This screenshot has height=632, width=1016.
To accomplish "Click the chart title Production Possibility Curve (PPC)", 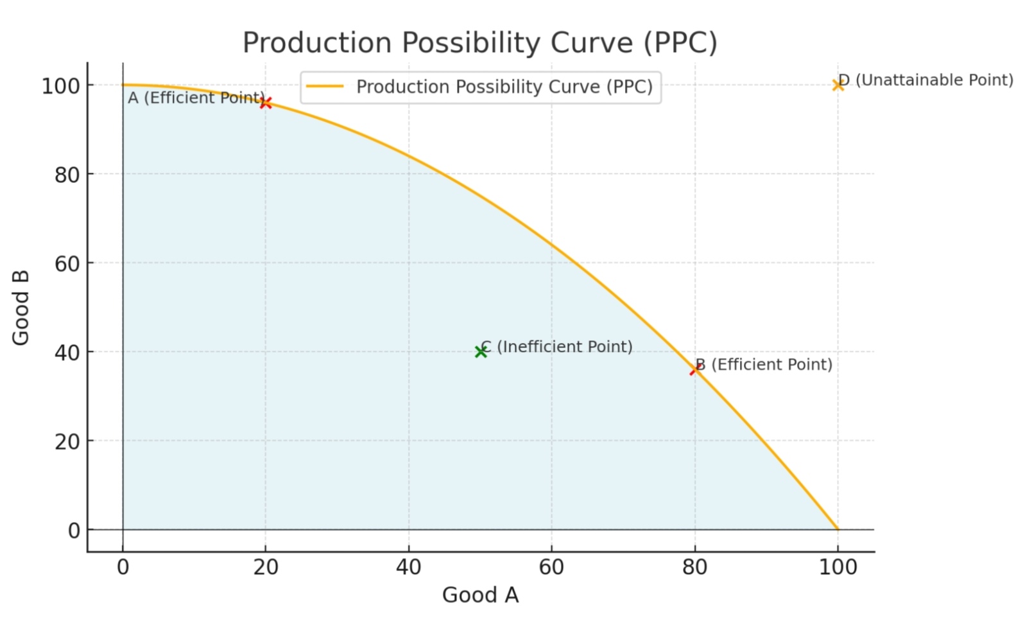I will [479, 43].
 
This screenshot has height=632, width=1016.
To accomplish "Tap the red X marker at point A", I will [266, 103].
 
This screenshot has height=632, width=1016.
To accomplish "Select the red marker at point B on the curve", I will [694, 369].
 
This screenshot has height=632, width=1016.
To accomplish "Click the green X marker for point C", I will [481, 351].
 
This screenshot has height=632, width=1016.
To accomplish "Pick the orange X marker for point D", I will [838, 85].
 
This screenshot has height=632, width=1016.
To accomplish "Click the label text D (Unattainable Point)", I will [926, 80].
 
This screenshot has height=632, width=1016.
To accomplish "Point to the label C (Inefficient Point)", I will [556, 347].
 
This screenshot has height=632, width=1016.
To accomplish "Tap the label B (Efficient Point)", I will [764, 365].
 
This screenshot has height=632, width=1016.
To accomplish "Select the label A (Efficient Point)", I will [195, 98].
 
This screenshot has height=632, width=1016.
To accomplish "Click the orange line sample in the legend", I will [325, 87].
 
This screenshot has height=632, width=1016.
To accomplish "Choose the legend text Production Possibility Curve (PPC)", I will [504, 87].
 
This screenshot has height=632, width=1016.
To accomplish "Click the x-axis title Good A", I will [480, 595].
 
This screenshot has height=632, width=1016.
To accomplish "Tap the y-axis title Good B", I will [21, 308].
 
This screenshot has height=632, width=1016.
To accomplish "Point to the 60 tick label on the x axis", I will [551, 567].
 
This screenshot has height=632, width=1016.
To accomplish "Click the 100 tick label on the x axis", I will [838, 567].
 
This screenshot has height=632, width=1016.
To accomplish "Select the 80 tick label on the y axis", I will [67, 175].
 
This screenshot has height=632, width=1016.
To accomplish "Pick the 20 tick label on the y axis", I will [67, 442].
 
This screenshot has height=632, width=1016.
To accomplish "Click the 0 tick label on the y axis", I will [74, 531].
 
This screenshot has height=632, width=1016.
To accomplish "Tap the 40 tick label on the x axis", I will [408, 567].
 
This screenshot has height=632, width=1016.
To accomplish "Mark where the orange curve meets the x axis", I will [838, 529].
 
